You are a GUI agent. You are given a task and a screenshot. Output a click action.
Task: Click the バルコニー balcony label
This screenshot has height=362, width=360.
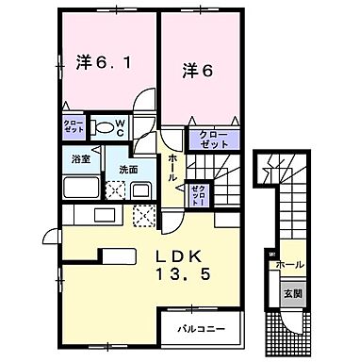tap(206, 329)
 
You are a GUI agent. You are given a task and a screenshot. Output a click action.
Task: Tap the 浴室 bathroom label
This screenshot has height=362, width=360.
tap(79, 160)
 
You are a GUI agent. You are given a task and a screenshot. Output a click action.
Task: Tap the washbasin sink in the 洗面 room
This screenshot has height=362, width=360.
tap(141, 189)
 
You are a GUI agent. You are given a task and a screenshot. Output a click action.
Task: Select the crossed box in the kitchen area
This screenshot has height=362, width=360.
tap(145, 219)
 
